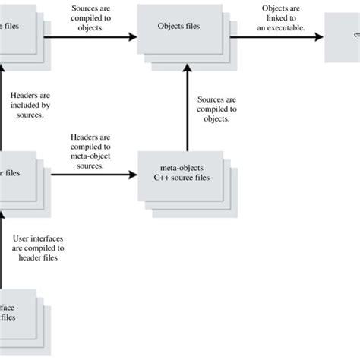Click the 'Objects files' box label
pos(178,25)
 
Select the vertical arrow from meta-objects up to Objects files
pos(188,106)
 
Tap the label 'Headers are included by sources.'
pos(30,106)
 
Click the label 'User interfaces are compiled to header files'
pos(39,247)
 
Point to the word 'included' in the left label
pos(30,106)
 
